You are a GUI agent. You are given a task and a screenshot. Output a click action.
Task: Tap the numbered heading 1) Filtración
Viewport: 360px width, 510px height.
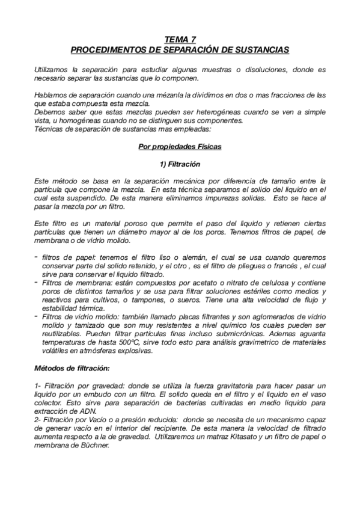click(179, 164)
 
